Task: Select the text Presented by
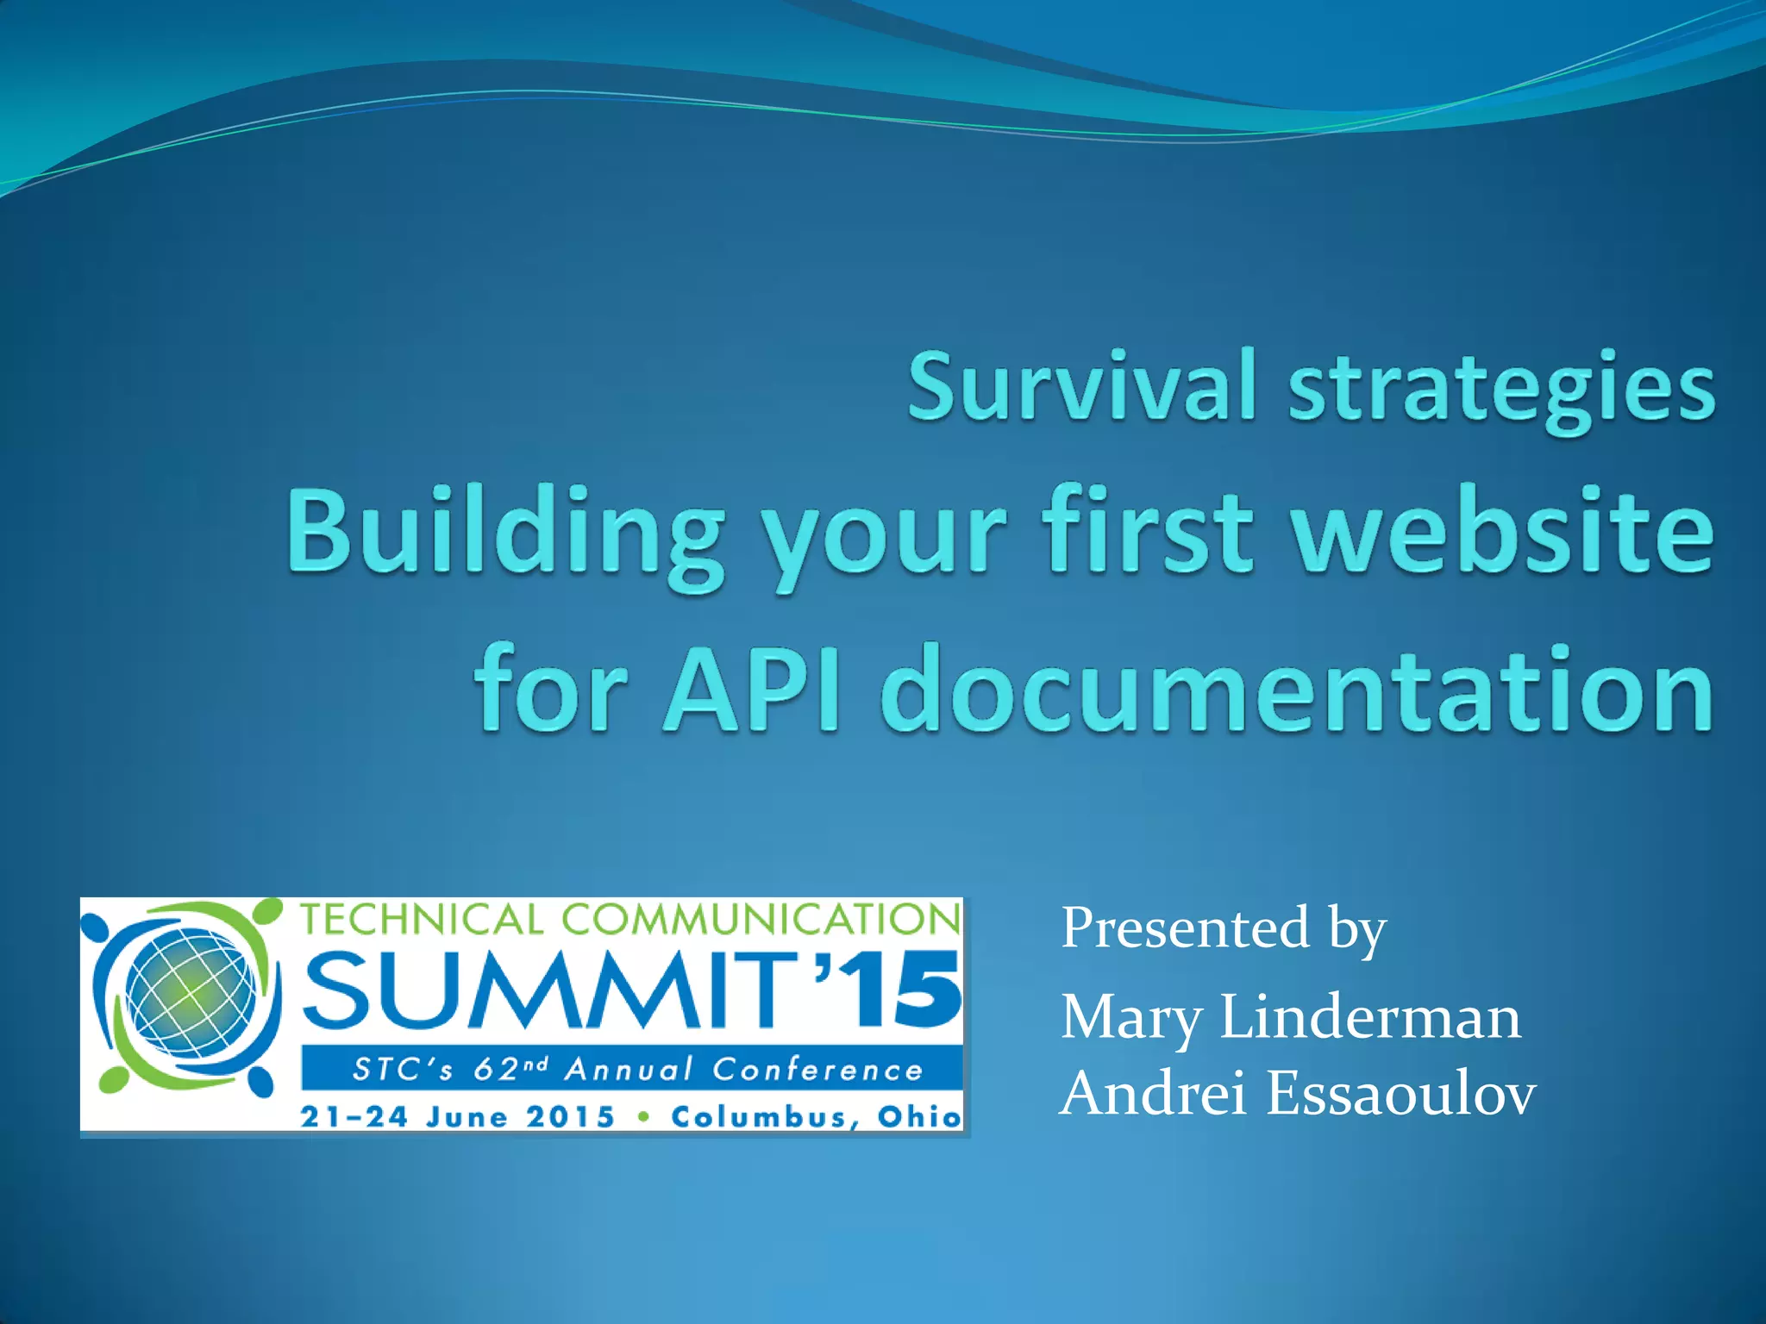(1223, 929)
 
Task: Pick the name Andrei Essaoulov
(1298, 1094)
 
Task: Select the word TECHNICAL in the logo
(421, 920)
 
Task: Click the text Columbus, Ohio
(816, 1117)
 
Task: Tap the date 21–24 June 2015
(457, 1117)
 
